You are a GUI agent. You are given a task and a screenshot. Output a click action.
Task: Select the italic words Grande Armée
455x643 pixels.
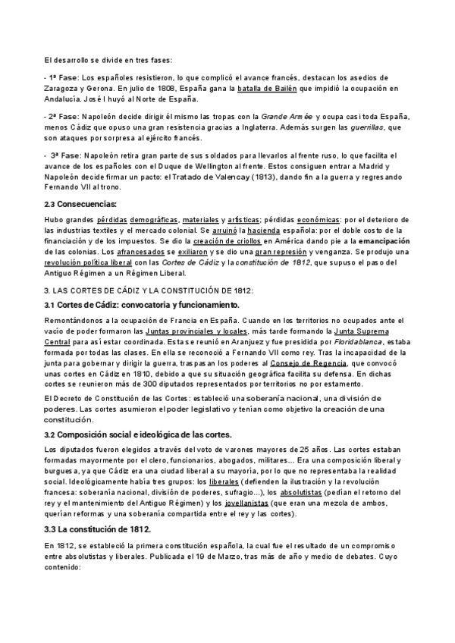click(x=287, y=116)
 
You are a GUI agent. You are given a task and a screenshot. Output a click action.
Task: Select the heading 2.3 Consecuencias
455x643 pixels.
click(x=81, y=204)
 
